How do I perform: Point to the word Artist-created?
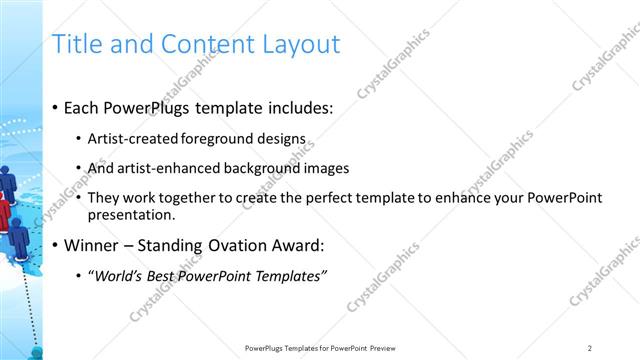pos(133,139)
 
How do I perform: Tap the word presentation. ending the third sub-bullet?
pos(132,214)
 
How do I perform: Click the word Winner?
pos(92,245)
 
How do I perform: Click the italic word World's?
pos(117,275)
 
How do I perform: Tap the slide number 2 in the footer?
pos(590,348)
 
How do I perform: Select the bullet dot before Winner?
pos(55,245)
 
